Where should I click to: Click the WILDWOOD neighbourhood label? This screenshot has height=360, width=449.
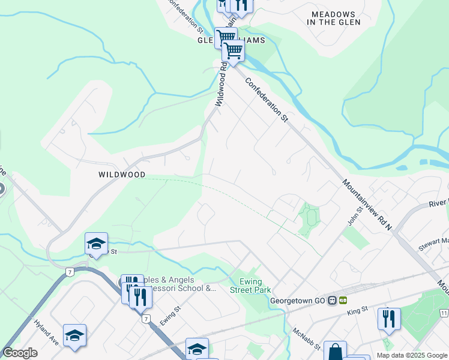122,175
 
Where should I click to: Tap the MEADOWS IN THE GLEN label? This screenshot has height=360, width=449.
333,18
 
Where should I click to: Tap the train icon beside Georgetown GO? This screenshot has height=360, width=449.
343,301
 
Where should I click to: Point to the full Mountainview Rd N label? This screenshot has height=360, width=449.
367,205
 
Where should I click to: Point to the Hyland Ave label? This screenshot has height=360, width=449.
47,349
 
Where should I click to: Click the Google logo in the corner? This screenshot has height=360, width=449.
20,353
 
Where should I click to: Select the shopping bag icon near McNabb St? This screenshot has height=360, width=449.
336,351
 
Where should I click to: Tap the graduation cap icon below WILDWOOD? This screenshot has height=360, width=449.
96,244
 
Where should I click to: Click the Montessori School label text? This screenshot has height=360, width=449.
180,284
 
